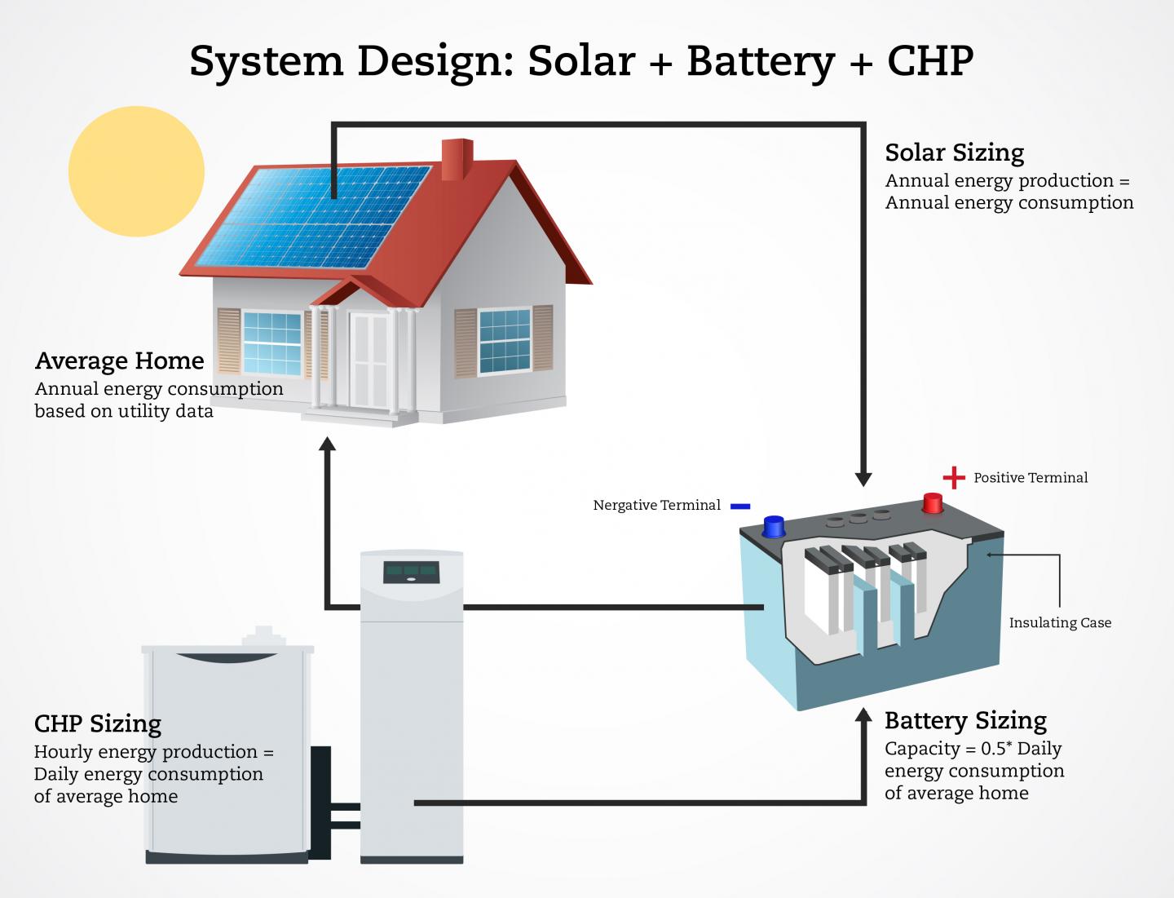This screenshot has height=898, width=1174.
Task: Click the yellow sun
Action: [x=136, y=171]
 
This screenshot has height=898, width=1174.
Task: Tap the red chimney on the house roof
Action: [x=457, y=159]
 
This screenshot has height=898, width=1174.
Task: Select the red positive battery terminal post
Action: [x=932, y=502]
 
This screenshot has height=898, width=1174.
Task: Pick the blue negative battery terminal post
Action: [x=774, y=525]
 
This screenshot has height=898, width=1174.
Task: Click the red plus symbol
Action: [x=953, y=477]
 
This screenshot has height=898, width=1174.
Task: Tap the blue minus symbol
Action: [x=740, y=506]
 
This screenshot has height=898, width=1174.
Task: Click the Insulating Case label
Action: [x=1060, y=622]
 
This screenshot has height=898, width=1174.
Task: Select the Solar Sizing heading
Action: [x=954, y=153]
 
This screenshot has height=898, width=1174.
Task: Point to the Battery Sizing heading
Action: [x=965, y=721]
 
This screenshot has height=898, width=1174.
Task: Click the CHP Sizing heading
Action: [x=98, y=724]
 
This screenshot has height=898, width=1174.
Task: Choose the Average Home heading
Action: [x=120, y=361]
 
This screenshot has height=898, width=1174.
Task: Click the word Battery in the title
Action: [x=761, y=61]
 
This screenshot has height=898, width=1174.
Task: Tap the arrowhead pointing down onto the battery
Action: [x=863, y=479]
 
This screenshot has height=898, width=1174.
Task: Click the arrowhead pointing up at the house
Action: [x=327, y=444]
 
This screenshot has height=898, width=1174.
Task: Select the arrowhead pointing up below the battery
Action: [x=863, y=716]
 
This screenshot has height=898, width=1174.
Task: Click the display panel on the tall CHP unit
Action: [x=411, y=572]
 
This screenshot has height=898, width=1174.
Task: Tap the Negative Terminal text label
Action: [x=656, y=506]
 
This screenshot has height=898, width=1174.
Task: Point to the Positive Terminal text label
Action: [x=1031, y=478]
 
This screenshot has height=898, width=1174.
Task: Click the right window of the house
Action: [x=505, y=340]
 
